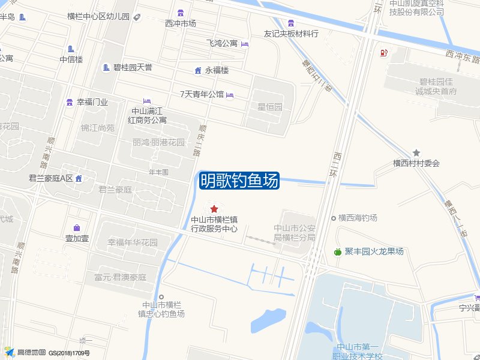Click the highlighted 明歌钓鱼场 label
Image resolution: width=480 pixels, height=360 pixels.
tap(239, 180)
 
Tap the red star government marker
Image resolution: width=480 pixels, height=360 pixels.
tap(214, 209)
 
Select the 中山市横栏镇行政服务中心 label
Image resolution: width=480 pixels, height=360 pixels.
tap(214, 224)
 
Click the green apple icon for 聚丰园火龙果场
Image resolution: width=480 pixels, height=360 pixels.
tap(337, 252)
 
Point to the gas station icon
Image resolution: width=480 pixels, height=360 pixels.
tap(383, 52)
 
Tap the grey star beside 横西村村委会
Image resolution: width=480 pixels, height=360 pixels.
tap(416, 153)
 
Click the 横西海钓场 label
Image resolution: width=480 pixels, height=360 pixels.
tap(357, 218)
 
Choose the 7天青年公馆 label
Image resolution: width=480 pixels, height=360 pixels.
tap(202, 94)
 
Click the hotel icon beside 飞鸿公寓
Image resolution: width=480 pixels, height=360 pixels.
tap(244, 44)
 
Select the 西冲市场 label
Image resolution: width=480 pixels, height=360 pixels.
tap(181, 23)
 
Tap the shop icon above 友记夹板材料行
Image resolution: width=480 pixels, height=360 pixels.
tap(291, 23)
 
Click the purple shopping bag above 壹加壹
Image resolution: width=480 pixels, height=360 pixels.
tap(77, 227)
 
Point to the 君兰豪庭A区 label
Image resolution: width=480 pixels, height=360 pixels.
tap(50, 178)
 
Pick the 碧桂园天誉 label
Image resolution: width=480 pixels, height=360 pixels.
tap(133, 67)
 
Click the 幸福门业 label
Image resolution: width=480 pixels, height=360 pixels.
tap(92, 102)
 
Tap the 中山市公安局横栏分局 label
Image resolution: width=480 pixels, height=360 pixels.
tap(295, 232)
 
